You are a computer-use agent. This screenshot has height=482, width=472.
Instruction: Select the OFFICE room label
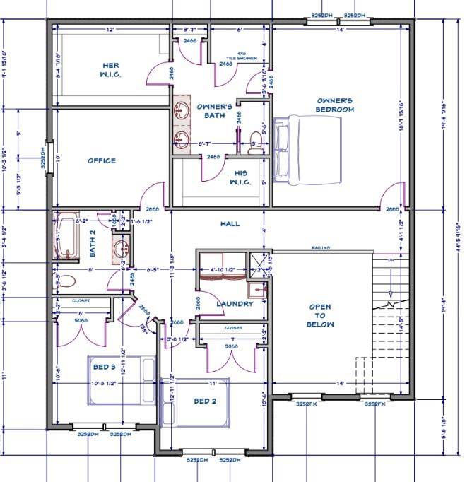click(x=102, y=160)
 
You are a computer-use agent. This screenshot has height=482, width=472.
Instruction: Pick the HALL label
click(x=230, y=223)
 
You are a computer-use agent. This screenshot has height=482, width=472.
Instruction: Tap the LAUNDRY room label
click(x=235, y=304)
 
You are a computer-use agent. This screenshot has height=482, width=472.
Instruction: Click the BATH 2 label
click(x=91, y=247)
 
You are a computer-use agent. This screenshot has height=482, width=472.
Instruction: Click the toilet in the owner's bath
click(x=256, y=139)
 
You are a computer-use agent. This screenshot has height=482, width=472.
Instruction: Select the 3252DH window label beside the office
click(x=43, y=158)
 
